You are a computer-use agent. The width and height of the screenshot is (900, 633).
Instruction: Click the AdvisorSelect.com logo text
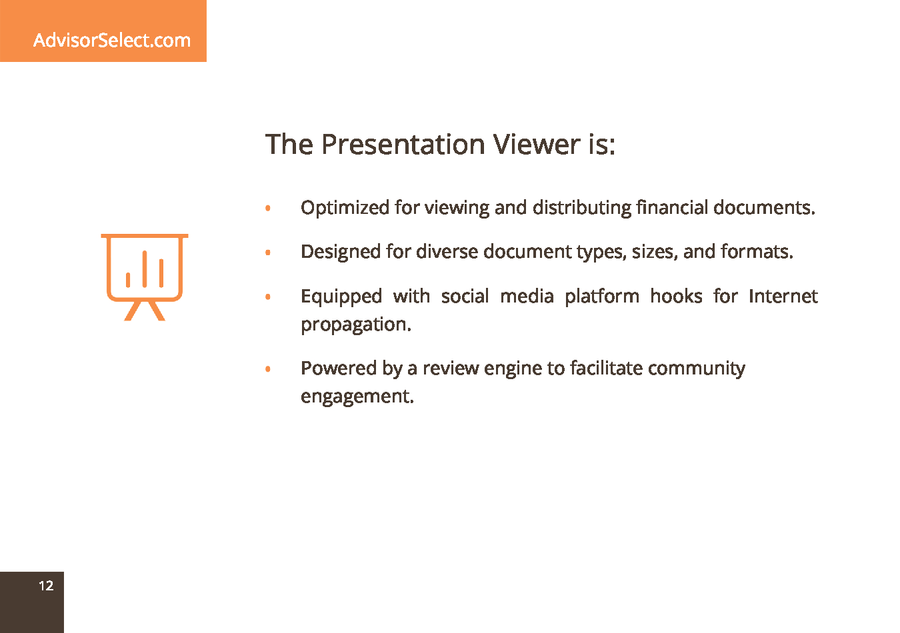point(112,40)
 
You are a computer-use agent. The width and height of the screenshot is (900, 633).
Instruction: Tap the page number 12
point(46,586)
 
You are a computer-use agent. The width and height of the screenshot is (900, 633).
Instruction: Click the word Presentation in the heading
point(403,145)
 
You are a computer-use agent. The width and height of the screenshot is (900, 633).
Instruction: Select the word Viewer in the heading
point(537,145)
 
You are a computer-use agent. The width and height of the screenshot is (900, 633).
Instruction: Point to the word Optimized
point(345,209)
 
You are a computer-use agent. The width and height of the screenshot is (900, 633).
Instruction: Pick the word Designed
point(341,253)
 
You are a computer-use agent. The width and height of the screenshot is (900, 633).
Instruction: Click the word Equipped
point(341,297)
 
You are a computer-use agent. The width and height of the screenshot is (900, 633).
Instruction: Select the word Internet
point(783,296)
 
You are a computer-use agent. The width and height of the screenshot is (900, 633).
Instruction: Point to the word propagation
point(356,324)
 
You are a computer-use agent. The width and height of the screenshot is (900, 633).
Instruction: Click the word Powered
point(339,368)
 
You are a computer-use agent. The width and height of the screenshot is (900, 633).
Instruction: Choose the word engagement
point(357,397)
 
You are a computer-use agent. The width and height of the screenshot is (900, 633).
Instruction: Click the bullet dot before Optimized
point(268,208)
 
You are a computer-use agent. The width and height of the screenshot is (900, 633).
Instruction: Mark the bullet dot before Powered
point(268,368)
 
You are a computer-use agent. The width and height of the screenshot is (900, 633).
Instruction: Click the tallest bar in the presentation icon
point(145,269)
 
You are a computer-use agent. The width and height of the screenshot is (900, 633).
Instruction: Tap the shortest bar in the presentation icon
point(128,280)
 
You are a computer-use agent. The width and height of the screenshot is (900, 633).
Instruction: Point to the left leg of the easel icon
point(133,311)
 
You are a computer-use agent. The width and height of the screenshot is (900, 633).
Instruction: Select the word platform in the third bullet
point(602,297)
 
